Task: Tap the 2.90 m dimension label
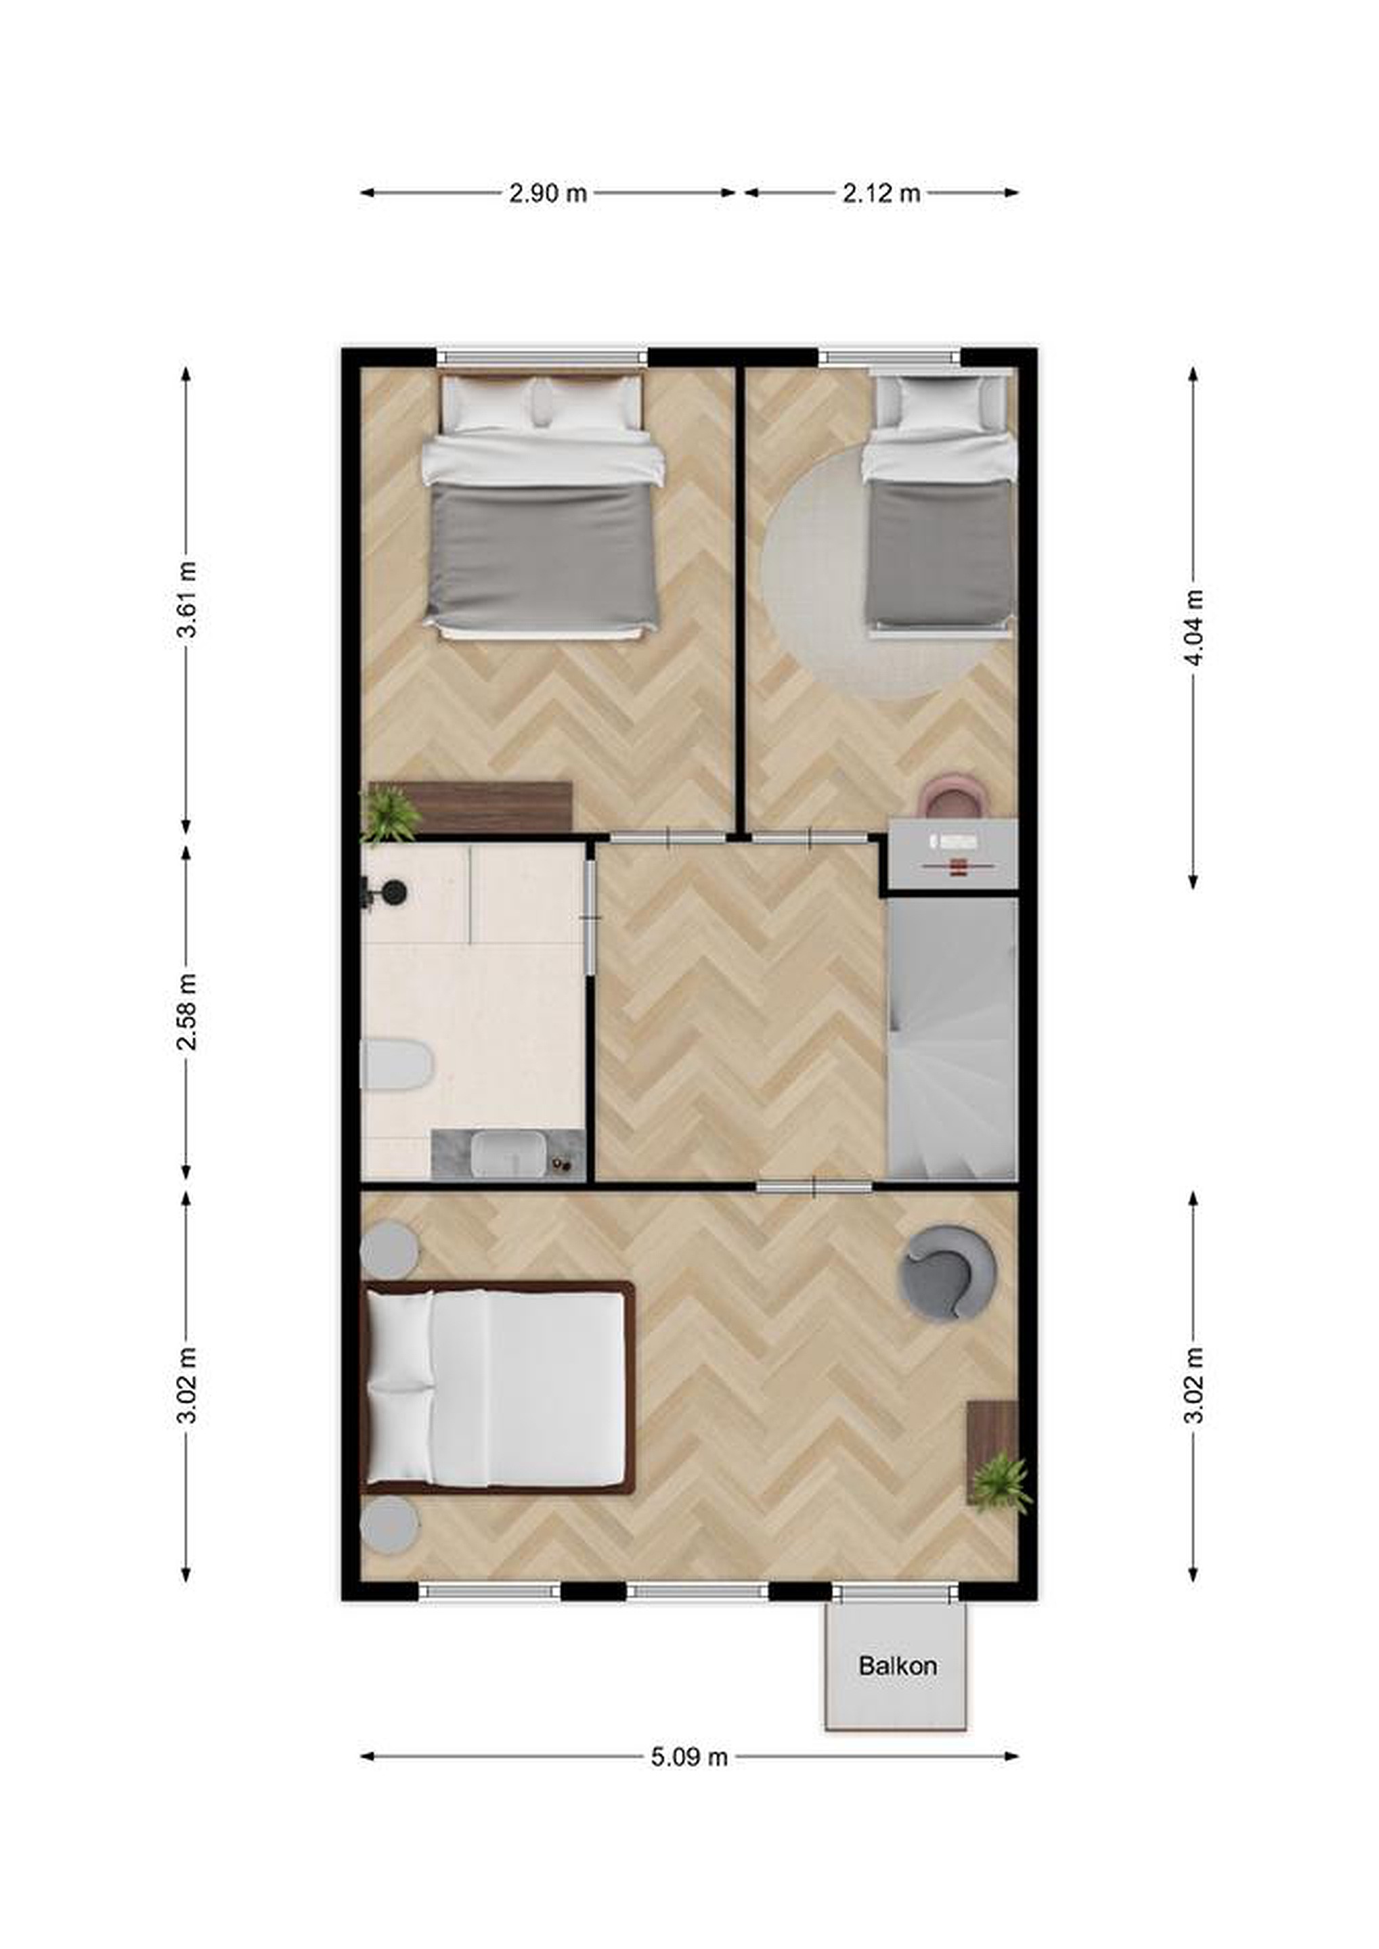(x=548, y=194)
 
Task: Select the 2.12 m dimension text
(x=881, y=194)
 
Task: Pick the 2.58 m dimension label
(x=187, y=1012)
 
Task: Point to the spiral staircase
(x=952, y=1037)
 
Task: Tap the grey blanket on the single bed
(x=940, y=553)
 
